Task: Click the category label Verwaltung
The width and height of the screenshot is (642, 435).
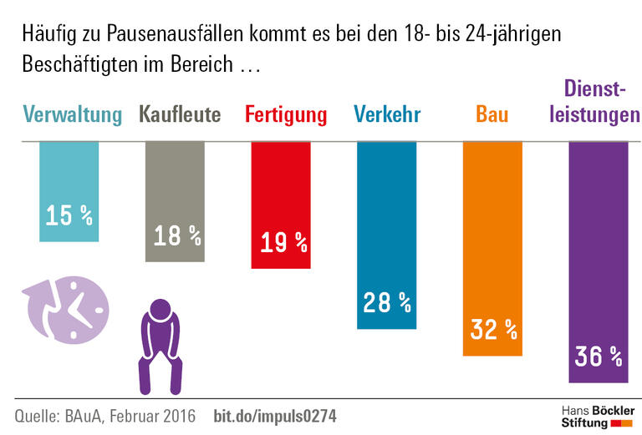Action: (x=72, y=114)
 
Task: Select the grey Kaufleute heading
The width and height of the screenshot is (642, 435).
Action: (x=180, y=114)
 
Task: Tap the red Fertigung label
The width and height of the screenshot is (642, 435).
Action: (x=285, y=114)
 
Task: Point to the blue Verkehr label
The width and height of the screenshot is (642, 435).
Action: (x=386, y=114)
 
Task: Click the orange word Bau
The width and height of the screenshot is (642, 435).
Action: (x=492, y=114)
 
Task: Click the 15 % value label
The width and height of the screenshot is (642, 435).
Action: (x=69, y=216)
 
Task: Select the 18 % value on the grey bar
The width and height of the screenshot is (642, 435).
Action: (x=176, y=236)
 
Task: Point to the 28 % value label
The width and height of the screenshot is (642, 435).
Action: (x=387, y=302)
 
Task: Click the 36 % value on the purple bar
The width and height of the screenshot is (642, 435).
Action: (x=599, y=357)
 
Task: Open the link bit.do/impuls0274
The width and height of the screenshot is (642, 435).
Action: (x=276, y=415)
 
